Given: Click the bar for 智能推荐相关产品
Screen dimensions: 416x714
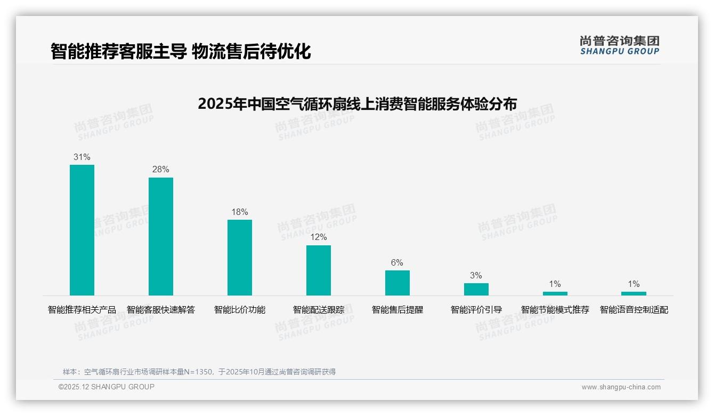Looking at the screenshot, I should [x=82, y=230].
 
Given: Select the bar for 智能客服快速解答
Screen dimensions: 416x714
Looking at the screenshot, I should [x=161, y=236].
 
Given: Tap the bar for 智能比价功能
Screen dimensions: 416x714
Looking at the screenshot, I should [x=240, y=258].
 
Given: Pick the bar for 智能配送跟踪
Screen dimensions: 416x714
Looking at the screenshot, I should [x=319, y=270].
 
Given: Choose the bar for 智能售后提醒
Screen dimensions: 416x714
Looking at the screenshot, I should [x=397, y=283].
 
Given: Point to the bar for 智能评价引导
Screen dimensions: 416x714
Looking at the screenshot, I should [x=476, y=289].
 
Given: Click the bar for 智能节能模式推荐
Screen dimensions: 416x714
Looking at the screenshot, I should [x=555, y=293].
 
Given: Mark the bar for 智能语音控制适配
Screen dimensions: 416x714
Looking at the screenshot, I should [x=634, y=293].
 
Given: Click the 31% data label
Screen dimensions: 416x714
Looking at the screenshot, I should [x=82, y=157].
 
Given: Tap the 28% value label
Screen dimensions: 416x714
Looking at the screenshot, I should [x=161, y=170].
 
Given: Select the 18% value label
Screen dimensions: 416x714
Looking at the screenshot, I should [x=240, y=212].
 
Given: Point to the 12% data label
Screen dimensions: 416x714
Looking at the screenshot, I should [x=319, y=237].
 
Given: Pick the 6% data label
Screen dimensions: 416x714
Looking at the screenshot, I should [x=397, y=262].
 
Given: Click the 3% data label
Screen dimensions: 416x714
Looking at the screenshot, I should [x=476, y=275].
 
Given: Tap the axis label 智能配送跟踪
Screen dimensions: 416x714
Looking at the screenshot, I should [x=319, y=310].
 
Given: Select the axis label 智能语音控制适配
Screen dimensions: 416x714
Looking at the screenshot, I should [x=634, y=310].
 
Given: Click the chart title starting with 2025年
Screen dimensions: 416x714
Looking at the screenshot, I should [x=357, y=103].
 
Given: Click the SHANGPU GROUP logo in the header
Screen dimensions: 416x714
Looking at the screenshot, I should [x=619, y=45].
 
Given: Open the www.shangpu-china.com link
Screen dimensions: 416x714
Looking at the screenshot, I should [x=621, y=387].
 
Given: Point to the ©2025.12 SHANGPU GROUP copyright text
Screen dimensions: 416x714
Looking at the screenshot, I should [x=107, y=387].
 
